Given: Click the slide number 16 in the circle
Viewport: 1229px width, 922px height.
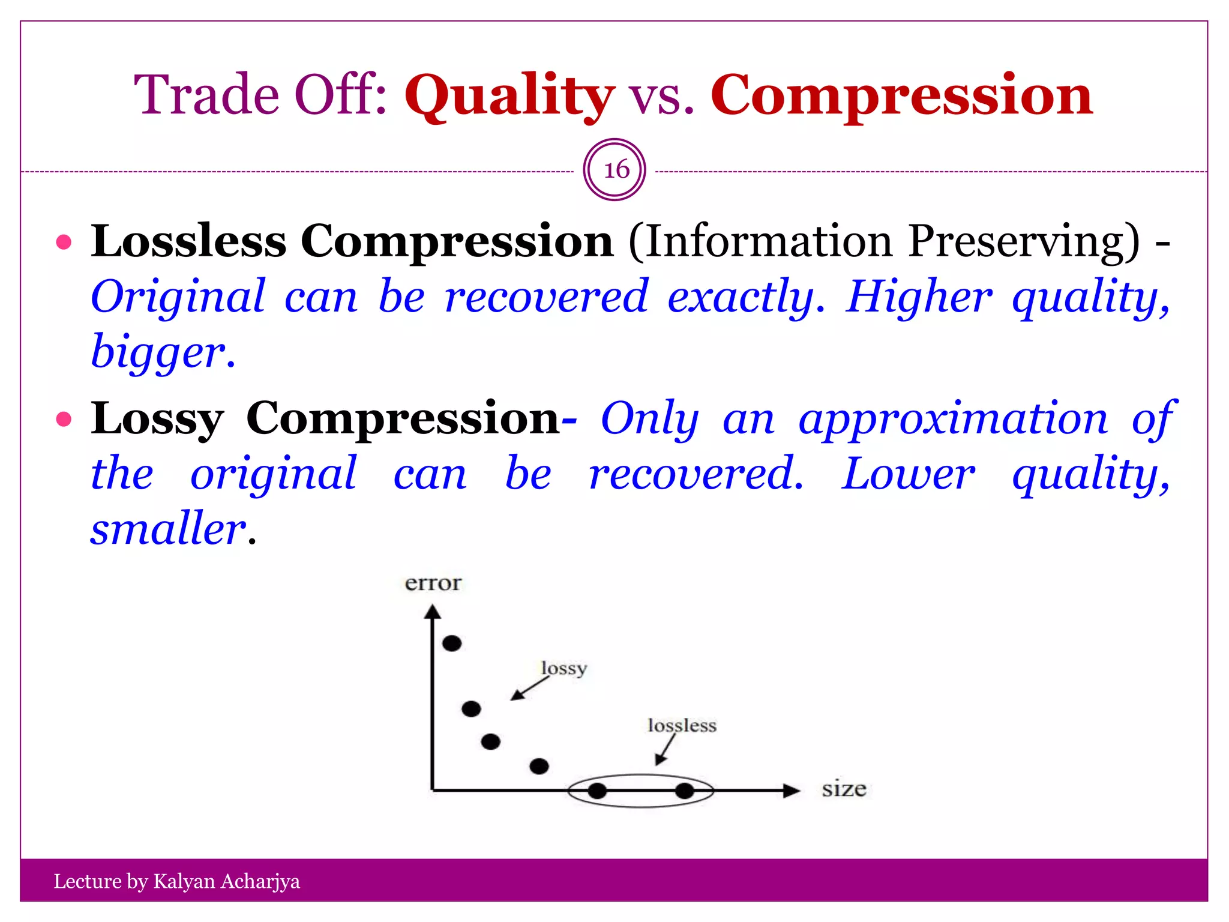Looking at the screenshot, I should [x=615, y=170].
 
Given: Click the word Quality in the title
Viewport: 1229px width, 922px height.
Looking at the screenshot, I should [x=509, y=96].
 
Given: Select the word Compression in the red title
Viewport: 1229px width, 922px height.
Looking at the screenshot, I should [x=901, y=96].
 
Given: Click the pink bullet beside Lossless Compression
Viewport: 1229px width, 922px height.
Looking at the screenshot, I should [x=64, y=243].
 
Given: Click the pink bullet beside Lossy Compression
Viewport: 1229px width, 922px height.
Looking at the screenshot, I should [x=64, y=419].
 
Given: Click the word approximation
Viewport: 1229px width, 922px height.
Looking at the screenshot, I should [x=953, y=419].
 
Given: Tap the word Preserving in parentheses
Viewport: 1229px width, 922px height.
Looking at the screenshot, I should [x=1023, y=241].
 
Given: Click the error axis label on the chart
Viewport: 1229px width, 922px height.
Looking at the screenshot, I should [x=433, y=583].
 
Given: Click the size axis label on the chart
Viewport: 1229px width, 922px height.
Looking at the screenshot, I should [x=844, y=789].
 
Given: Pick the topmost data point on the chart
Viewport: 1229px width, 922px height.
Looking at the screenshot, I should [x=452, y=643].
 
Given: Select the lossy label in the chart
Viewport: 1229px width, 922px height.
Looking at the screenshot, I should [x=563, y=669].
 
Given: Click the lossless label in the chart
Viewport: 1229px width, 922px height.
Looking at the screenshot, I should [x=682, y=726].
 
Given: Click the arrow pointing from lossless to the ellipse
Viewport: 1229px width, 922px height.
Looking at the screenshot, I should [x=664, y=750].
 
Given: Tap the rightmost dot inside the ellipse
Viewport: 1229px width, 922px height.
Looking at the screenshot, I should [x=684, y=791].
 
